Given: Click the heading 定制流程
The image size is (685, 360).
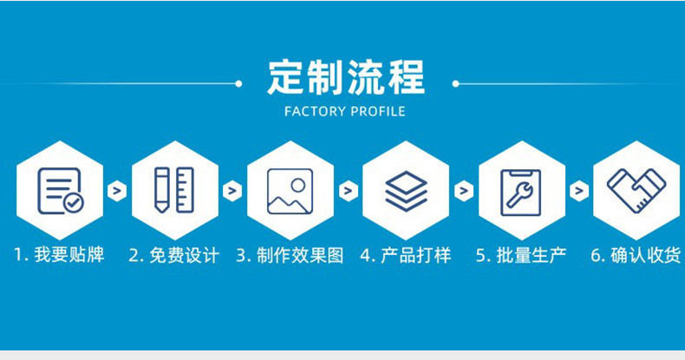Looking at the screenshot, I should click(x=345, y=77).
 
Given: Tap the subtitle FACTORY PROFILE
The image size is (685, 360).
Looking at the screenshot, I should click(x=345, y=112).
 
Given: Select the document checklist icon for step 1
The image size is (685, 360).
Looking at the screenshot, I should click(x=60, y=190).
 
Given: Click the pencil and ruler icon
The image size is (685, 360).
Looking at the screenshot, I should click(x=174, y=190).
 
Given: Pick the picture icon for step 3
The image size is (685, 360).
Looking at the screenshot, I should click(x=290, y=190).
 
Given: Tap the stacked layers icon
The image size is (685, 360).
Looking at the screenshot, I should click(x=405, y=190).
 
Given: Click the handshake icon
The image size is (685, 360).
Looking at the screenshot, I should click(x=636, y=190).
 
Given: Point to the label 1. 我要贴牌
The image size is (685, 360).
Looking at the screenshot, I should click(x=59, y=256).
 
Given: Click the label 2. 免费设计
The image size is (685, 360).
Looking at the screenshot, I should click(x=174, y=256).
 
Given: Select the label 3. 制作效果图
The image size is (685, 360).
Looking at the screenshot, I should click(x=290, y=256).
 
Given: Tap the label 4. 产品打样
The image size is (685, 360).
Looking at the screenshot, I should click(x=405, y=256).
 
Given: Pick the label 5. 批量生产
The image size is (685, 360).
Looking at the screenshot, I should click(x=520, y=256).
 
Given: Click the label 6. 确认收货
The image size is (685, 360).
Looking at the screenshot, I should click(x=636, y=256).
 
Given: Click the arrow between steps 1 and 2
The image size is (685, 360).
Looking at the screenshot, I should click(x=117, y=191).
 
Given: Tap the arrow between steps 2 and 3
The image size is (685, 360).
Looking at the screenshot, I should click(x=232, y=191).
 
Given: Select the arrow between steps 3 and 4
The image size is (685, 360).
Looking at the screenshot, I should click(x=348, y=191).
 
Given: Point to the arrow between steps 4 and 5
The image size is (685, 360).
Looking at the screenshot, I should click(x=463, y=191).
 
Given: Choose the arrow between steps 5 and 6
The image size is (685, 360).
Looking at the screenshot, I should click(x=578, y=191).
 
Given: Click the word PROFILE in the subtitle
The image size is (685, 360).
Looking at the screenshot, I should click(x=377, y=112).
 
